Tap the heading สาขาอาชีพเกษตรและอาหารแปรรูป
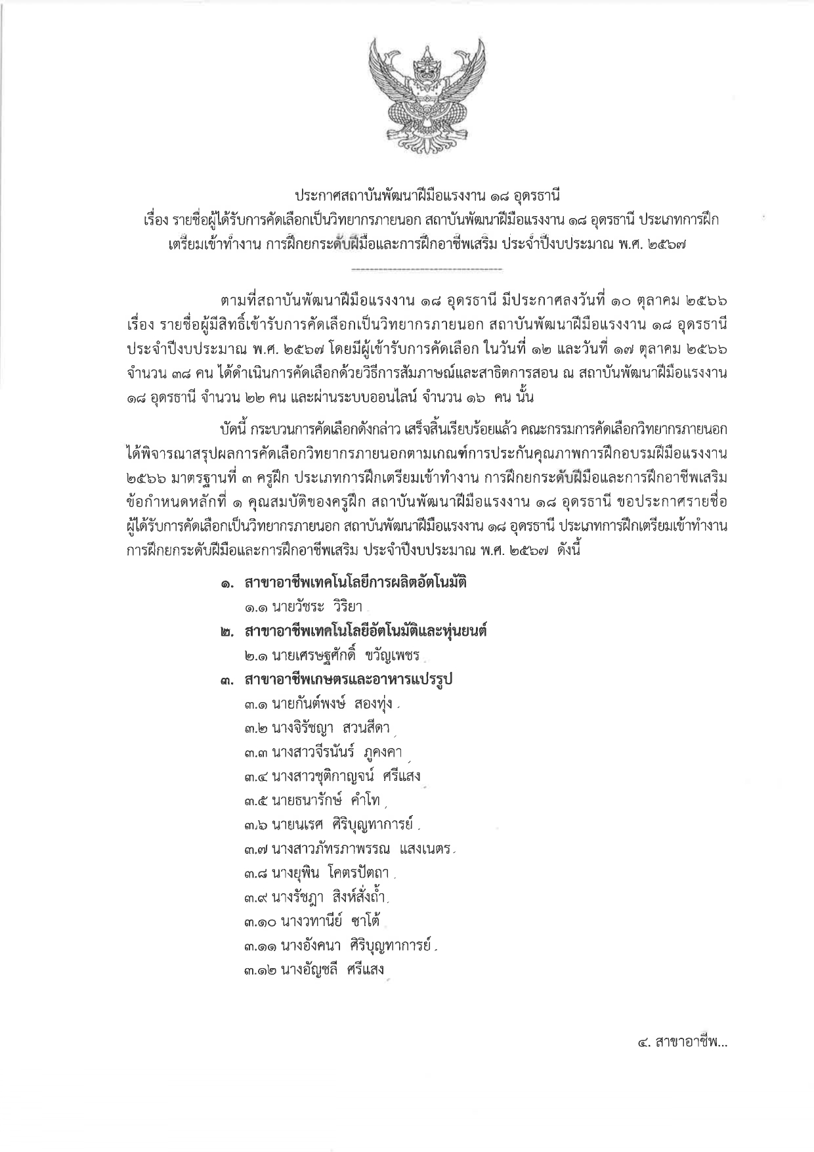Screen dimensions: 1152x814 (348, 680)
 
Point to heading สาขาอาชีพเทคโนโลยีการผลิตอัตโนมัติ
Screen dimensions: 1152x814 (354, 583)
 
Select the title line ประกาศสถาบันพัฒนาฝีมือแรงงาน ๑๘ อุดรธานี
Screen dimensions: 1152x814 (407, 196)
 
